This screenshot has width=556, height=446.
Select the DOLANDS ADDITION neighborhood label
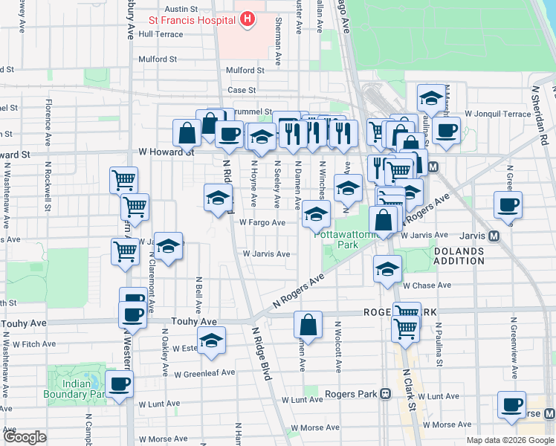pos(459,256)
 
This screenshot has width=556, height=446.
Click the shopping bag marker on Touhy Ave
pos(308,326)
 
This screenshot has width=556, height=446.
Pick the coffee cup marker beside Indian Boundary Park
pos(119,385)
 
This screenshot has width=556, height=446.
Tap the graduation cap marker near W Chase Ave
pos(387,271)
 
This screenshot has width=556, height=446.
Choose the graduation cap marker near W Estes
pos(212,341)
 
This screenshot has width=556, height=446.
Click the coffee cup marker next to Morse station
pos(511,405)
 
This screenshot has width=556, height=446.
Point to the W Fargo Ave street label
pos(262,222)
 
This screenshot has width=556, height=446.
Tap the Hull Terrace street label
pos(160,34)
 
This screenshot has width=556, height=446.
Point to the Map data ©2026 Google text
pos(510,440)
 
